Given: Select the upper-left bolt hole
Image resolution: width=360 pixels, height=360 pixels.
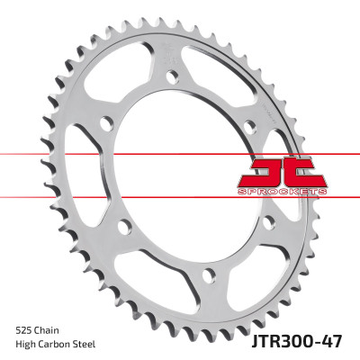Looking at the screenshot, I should [x=105, y=121].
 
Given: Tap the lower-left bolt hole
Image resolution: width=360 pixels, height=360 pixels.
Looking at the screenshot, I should [x=124, y=224].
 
